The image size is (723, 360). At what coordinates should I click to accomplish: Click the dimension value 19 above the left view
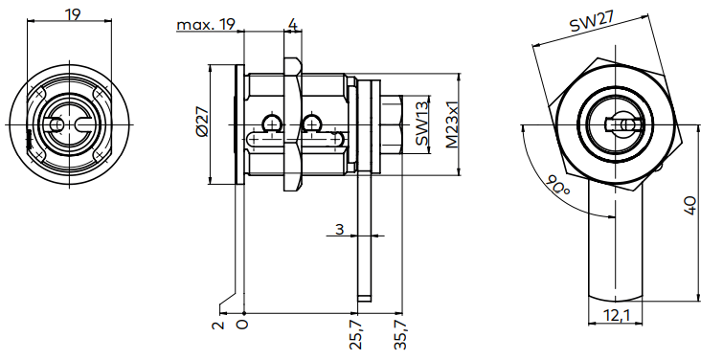click(72, 13)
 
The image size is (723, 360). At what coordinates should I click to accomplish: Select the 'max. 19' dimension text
click(206, 24)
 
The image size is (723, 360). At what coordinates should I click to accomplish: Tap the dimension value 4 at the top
click(291, 24)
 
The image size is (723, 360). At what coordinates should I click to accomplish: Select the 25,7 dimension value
click(356, 336)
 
